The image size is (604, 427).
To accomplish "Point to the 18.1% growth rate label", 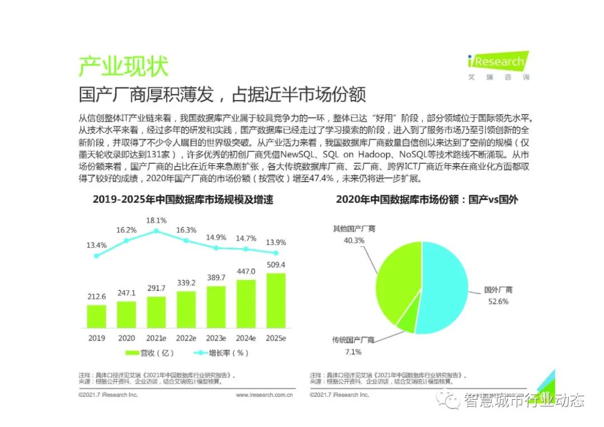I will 156,220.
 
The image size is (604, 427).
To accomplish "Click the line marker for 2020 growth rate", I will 126,240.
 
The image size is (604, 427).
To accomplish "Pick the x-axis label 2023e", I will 216,338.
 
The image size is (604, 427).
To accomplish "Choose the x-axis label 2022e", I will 186,338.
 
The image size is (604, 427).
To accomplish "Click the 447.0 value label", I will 246,271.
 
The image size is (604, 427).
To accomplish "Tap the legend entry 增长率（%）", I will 221,353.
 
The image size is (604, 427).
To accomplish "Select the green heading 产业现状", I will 123,67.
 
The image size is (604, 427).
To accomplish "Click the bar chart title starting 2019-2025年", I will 183,200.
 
